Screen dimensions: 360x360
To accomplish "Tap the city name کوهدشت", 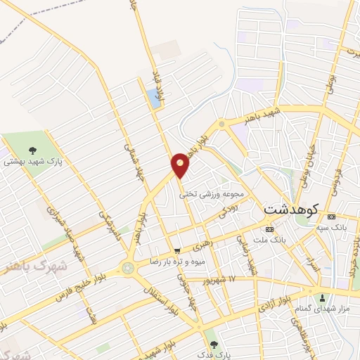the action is coord(291,210).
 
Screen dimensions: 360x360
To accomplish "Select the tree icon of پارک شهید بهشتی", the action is coord(32,149).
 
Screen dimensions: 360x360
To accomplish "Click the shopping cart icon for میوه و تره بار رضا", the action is coord(177,250).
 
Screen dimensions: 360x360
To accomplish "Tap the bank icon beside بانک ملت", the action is coord(269,230).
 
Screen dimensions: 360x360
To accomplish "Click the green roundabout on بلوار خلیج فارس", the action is coord(128,268).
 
